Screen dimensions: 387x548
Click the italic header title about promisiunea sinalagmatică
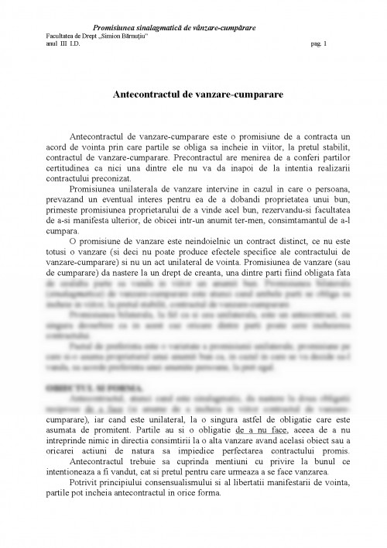pyautogui.click(x=174, y=28)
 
